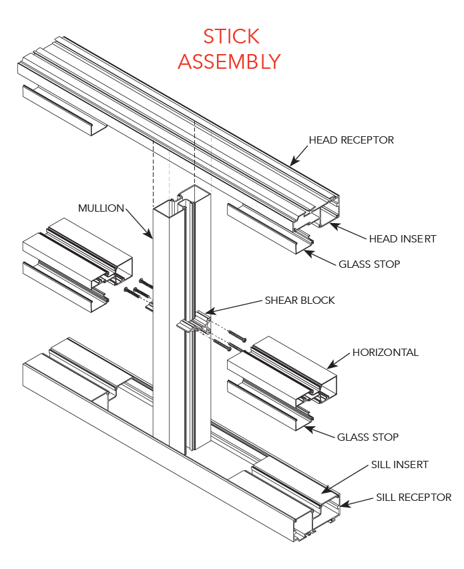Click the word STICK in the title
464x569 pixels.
231,36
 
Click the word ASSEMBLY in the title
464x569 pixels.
229,61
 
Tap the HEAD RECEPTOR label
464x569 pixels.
351,140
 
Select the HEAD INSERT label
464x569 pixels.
403,238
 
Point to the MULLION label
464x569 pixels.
101,208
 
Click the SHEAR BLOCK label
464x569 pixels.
300,300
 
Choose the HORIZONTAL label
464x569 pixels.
385,352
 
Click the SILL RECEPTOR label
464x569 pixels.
413,497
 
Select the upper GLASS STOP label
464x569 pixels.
369,264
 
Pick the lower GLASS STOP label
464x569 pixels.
368,437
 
